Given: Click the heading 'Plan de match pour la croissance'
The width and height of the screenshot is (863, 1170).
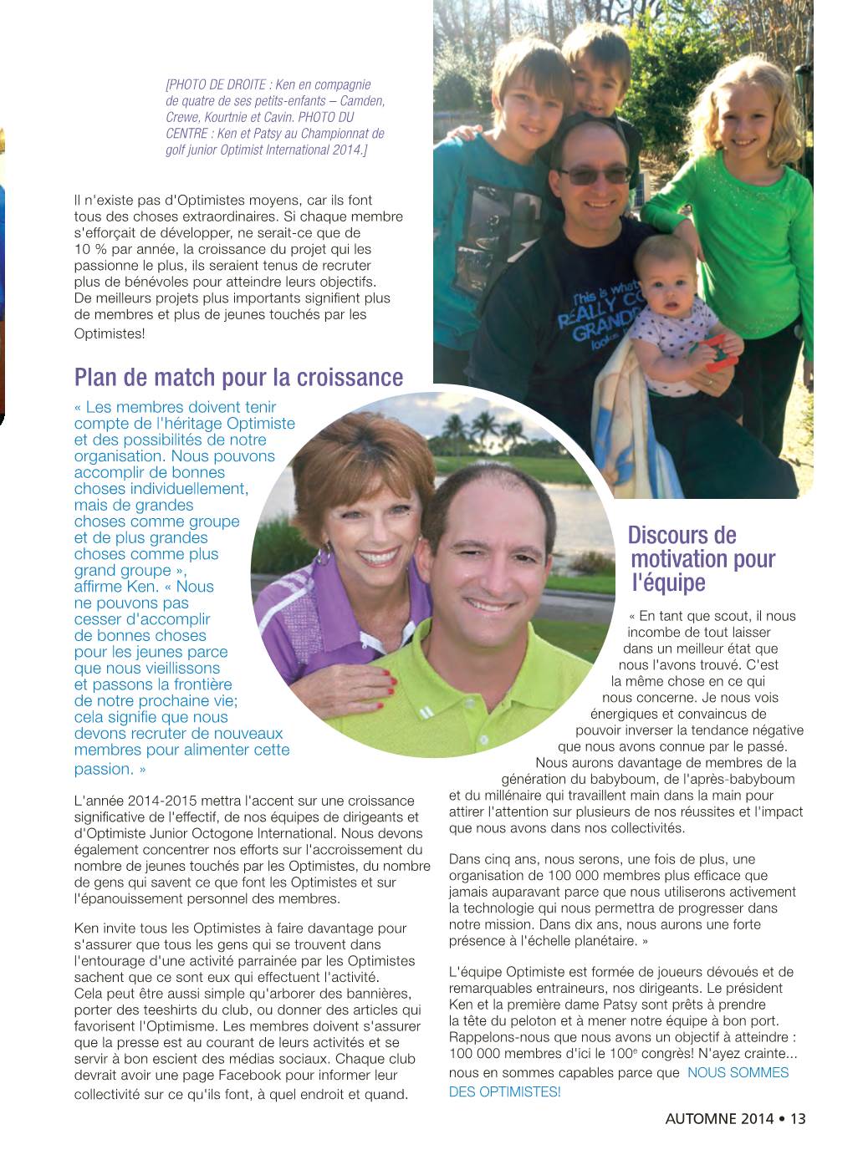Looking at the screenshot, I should coord(238,378).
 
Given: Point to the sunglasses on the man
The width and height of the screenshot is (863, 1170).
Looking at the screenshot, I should coord(595,176).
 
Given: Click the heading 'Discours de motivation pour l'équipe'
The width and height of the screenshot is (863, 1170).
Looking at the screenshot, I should coord(702,558).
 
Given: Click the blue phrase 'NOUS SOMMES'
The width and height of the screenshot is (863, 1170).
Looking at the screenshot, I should coord(738,1072).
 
